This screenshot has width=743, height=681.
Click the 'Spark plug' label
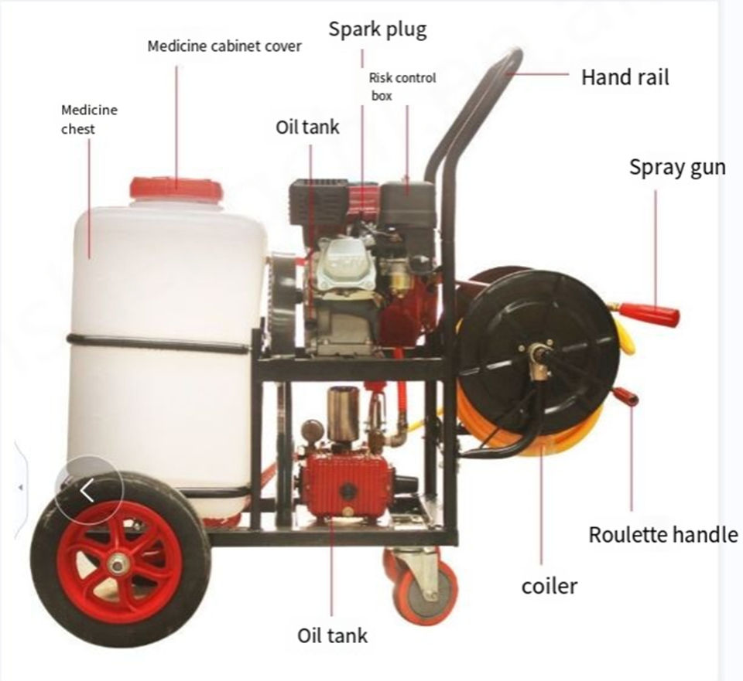[377, 30]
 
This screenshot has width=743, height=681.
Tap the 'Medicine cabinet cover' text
[224, 46]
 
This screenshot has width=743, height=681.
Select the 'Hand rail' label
[625, 77]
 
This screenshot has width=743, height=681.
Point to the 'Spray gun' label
[676, 167]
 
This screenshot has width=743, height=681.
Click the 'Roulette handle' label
[663, 535]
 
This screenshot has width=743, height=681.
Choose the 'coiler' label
[549, 586]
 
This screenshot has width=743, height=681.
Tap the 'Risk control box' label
[402, 86]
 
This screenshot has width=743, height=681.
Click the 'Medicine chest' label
[89, 119]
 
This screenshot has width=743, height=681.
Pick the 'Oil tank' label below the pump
[332, 635]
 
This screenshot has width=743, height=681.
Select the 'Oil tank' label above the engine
[307, 126]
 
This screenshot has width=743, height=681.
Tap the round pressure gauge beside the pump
[313, 429]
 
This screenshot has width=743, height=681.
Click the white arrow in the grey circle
[87, 489]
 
